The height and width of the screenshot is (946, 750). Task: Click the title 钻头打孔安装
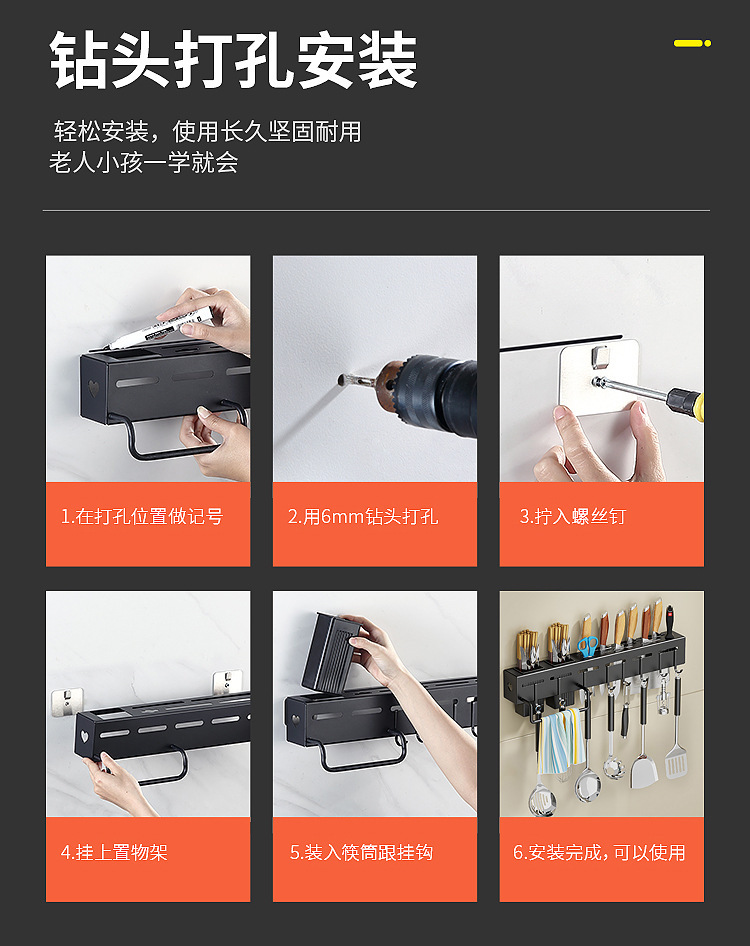(234, 60)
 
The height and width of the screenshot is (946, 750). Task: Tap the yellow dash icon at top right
(693, 43)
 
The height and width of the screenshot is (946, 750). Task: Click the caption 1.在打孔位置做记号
(142, 516)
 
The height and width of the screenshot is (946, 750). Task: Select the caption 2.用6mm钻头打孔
(363, 516)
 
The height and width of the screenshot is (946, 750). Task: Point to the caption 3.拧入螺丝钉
(573, 516)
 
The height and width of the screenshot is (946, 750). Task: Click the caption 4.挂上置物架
(114, 852)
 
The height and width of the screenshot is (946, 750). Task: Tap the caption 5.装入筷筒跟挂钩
(361, 852)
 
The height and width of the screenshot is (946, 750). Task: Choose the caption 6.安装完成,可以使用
(599, 852)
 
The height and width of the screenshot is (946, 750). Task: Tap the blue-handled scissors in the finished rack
(587, 646)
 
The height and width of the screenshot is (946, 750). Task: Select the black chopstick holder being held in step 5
(331, 652)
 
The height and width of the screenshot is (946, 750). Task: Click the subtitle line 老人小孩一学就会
(144, 162)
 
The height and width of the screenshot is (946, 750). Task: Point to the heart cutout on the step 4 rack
(84, 737)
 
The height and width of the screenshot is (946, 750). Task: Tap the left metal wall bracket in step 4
(66, 701)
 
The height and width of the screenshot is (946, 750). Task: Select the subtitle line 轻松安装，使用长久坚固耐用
(208, 131)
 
